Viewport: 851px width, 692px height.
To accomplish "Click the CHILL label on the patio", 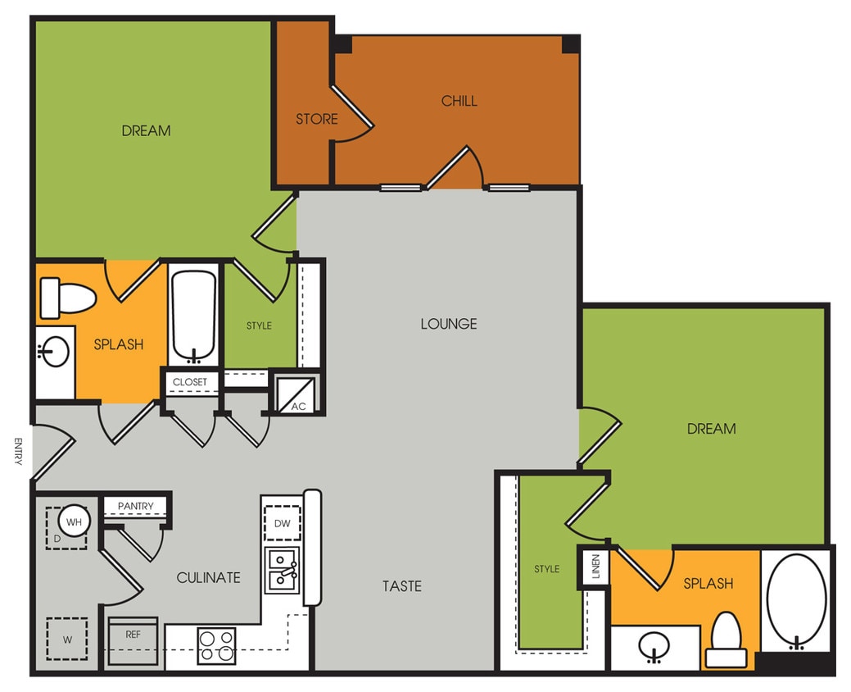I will point(459,101).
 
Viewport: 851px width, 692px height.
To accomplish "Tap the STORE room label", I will point(317,119).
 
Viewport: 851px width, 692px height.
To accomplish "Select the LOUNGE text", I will point(449,324).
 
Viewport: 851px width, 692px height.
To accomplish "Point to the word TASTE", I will point(402,586).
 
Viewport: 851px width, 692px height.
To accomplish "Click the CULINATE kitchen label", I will point(209,577).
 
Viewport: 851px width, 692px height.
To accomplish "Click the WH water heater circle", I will point(74,521).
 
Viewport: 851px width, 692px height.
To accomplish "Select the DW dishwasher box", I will point(283,523).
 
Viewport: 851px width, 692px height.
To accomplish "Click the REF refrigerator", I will point(133,635).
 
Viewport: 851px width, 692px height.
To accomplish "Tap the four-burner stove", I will point(216,645).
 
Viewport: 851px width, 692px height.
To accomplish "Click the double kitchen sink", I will point(283,571).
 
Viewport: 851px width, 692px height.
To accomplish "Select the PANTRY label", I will point(136,506).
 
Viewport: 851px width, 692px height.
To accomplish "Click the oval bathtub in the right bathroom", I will point(795,599).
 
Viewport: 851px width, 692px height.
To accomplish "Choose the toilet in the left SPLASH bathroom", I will point(67,297).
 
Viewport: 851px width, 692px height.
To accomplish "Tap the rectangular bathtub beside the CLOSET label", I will point(194,315).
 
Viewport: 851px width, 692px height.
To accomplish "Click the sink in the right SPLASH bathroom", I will point(654,648).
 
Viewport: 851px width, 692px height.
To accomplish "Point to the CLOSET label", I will point(190,382).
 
